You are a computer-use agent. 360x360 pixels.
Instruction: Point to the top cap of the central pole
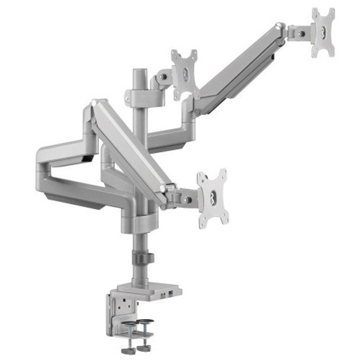[139, 73]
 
